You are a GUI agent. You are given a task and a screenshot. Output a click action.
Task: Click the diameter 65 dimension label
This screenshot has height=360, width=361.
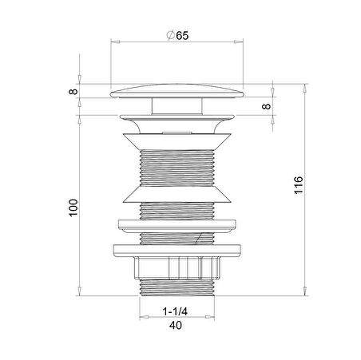pos(177,35)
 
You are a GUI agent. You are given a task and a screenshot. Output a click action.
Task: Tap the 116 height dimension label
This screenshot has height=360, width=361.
pos(299,185)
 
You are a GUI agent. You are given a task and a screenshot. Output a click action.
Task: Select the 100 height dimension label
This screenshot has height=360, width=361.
pos(73,208)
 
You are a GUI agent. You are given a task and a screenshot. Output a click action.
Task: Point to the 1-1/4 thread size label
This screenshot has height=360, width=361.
pos(175,311)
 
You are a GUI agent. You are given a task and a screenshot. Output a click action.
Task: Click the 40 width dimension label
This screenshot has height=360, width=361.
pos(176,325)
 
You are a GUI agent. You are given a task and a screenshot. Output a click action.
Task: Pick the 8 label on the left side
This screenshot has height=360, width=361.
pos(73,92)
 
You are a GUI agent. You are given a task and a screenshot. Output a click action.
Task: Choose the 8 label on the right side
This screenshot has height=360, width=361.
pos(266,106)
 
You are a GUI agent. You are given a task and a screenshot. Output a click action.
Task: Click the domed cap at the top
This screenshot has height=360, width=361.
pos(177,91)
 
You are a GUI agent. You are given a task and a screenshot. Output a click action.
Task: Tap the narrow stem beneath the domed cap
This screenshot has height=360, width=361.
pos(177,106)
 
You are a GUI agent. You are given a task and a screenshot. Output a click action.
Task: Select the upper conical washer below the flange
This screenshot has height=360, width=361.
pos(177,141)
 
